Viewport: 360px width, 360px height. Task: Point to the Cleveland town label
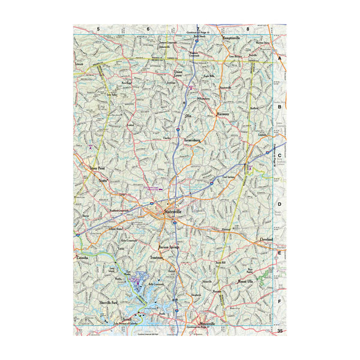pos(265,239)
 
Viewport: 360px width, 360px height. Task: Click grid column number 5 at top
pos(97,28)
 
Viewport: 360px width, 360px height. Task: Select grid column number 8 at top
pos(247,28)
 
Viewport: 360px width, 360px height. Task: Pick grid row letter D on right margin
pos(280,203)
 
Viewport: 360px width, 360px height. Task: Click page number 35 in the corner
pos(280,331)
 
